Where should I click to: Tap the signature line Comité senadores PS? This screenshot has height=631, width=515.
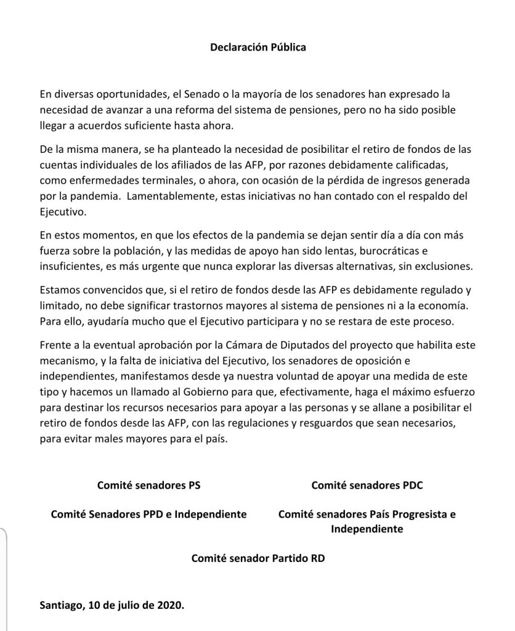pos(148,485)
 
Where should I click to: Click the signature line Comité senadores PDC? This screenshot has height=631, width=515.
pos(367,485)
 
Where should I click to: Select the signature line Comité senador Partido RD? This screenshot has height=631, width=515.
pos(257,559)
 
